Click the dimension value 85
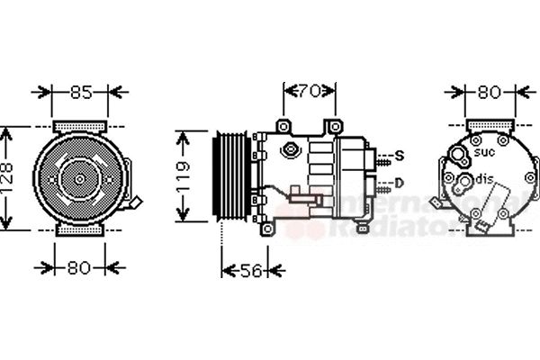pos(80,91)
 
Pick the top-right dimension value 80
pos(488,91)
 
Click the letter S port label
pos(400,157)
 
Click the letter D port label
pos(400,184)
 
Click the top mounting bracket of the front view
pos(80,124)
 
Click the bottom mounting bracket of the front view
pos(80,230)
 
